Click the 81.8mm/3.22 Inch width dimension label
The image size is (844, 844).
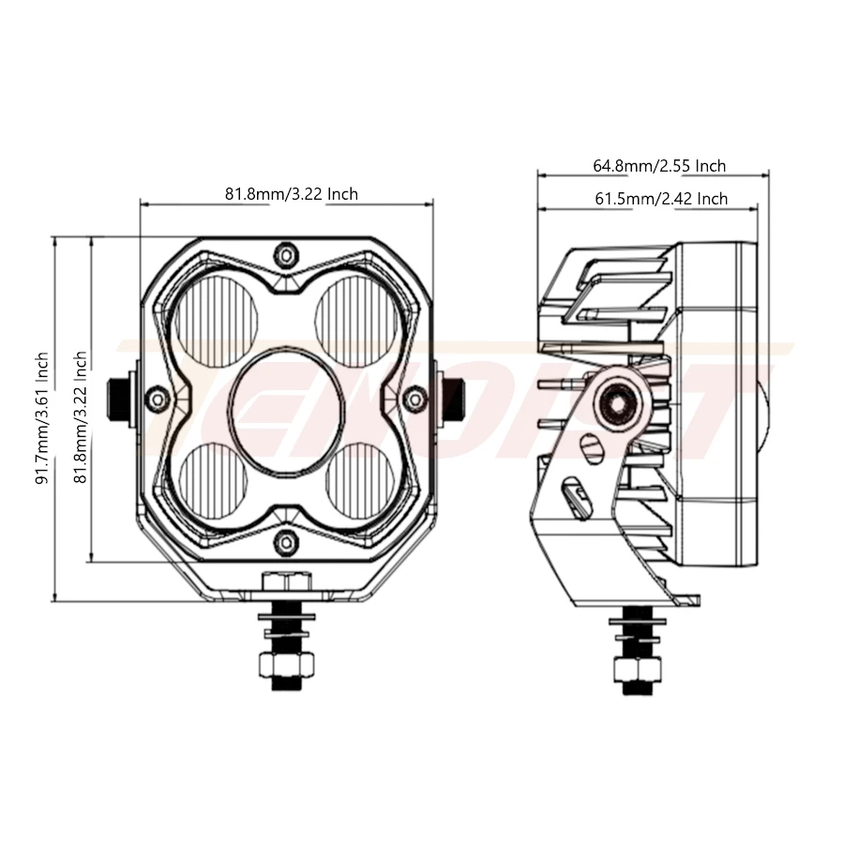(x=291, y=194)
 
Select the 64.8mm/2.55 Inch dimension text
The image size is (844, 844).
(x=659, y=166)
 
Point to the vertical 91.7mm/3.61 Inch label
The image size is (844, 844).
(x=42, y=418)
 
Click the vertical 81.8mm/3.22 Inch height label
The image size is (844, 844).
(x=81, y=418)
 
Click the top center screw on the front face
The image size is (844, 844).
(x=286, y=254)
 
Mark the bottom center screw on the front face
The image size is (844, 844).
(x=286, y=541)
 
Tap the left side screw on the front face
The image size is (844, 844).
(x=158, y=399)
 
